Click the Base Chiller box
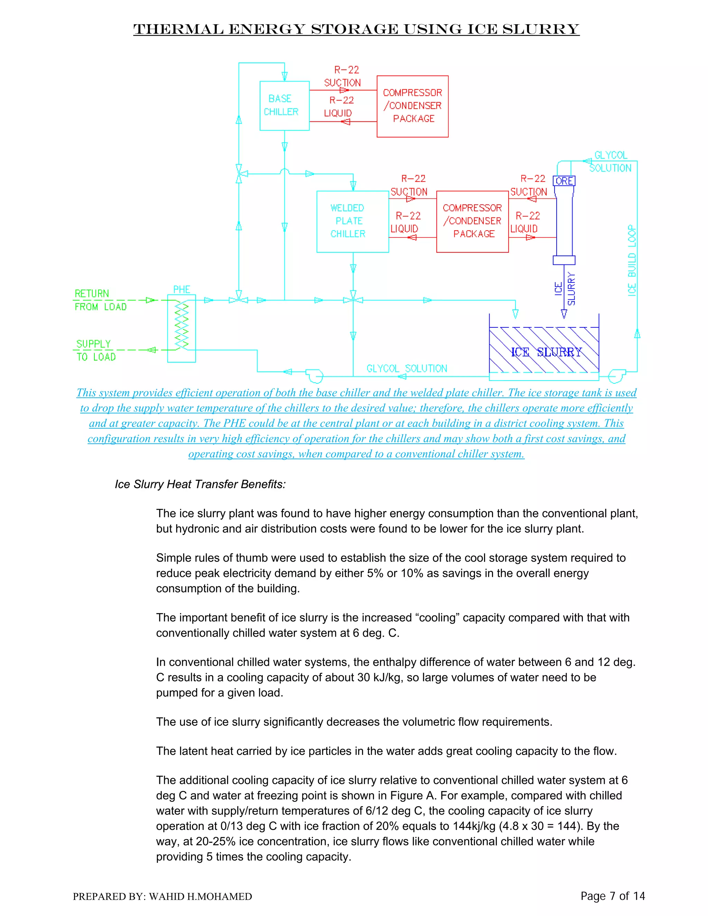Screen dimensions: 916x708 pos(285,106)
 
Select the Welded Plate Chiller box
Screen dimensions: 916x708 pos(352,222)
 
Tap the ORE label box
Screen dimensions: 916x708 pos(564,181)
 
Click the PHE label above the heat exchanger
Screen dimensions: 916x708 pos(181,289)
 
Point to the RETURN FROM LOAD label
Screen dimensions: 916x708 pos(100,300)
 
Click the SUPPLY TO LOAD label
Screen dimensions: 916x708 pos(96,350)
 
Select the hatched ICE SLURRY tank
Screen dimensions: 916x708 pos(544,350)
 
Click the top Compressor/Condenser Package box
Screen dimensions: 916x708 pos(412,106)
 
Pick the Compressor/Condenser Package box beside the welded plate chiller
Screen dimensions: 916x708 pos(472,222)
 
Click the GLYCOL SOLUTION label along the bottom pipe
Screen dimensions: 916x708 pos(407,368)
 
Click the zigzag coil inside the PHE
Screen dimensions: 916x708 pos(181,326)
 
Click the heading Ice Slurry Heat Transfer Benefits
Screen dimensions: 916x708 pos(200,484)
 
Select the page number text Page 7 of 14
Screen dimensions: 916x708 pos(612,896)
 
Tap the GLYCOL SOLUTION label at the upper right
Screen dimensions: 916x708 pos(610,161)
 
